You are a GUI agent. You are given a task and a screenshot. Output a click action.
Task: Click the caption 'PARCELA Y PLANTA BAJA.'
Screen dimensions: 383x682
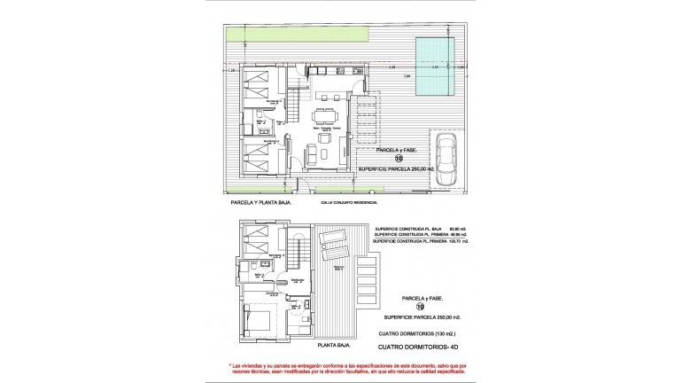point(260,202)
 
